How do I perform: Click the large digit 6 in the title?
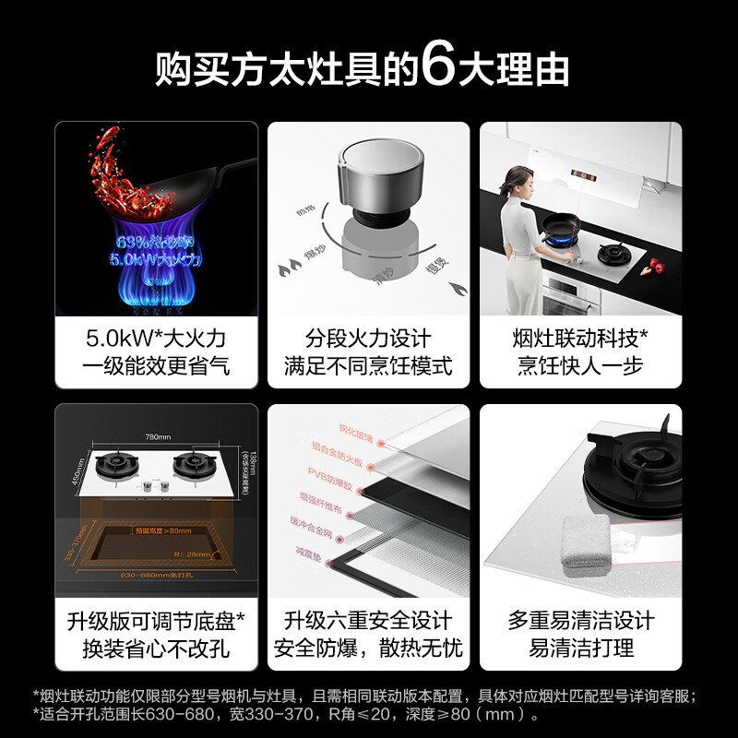tap(438, 69)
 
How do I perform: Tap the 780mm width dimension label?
tap(157, 436)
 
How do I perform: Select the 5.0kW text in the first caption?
tap(115, 337)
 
